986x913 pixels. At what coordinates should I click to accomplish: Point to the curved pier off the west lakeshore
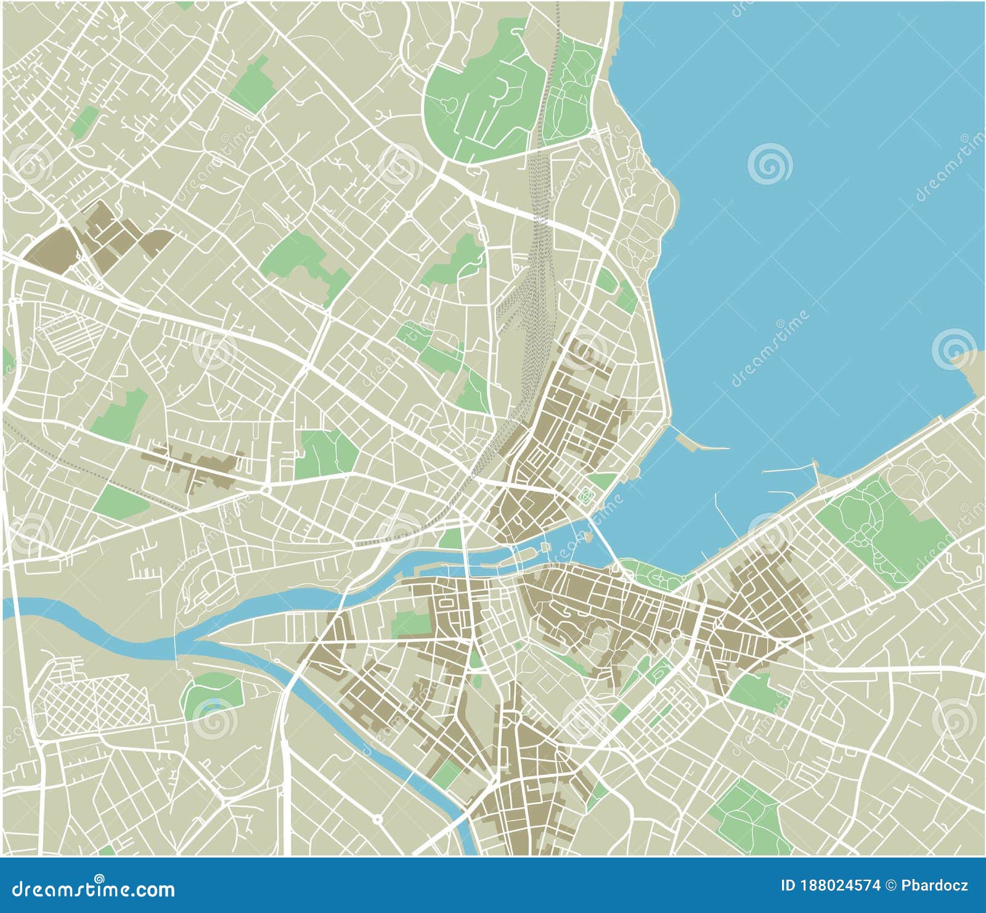[699, 443]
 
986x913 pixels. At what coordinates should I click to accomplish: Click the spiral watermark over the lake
[770, 163]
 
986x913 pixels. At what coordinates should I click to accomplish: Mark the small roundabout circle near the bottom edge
[377, 819]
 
